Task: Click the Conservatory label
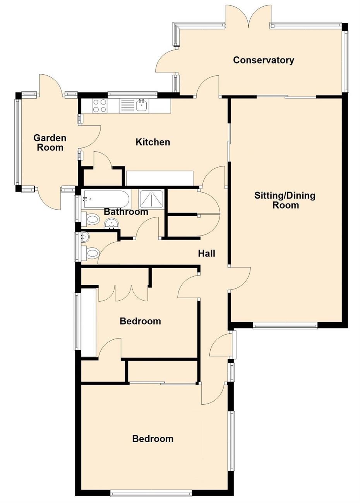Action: (263, 60)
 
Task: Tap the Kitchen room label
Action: (153, 142)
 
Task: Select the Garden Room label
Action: (50, 143)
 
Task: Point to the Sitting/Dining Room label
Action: (285, 200)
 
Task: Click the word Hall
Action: (207, 253)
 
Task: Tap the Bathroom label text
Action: (126, 212)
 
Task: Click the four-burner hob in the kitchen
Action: (99, 106)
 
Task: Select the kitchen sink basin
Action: (142, 105)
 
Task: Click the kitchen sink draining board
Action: (127, 106)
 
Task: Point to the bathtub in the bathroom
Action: (105, 199)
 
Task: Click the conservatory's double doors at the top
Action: (248, 16)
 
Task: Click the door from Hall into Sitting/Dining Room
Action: (240, 279)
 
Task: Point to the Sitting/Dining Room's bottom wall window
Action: (285, 326)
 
